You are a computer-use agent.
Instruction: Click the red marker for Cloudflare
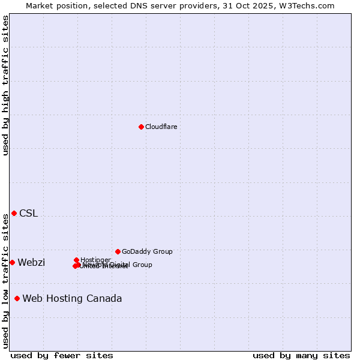click(x=141, y=127)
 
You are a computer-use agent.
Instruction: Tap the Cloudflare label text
click(x=161, y=127)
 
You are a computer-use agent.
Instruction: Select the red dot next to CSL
click(x=14, y=213)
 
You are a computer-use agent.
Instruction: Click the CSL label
click(x=28, y=213)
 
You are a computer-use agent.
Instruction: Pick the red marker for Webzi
click(x=12, y=262)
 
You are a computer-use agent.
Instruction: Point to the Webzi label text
click(x=31, y=262)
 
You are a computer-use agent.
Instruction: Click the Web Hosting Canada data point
click(x=17, y=298)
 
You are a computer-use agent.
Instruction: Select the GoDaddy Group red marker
click(x=118, y=251)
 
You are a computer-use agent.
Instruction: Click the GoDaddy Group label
click(x=147, y=251)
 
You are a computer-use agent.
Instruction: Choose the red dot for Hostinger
click(x=76, y=260)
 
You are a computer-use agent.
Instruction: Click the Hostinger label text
click(x=95, y=260)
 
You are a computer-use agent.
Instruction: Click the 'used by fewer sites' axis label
click(x=62, y=355)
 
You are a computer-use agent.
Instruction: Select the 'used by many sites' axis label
click(x=301, y=355)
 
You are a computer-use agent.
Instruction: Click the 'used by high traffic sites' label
click(x=5, y=86)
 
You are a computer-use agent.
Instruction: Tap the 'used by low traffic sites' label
click(x=5, y=281)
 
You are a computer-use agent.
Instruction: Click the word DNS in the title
click(x=140, y=5)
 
